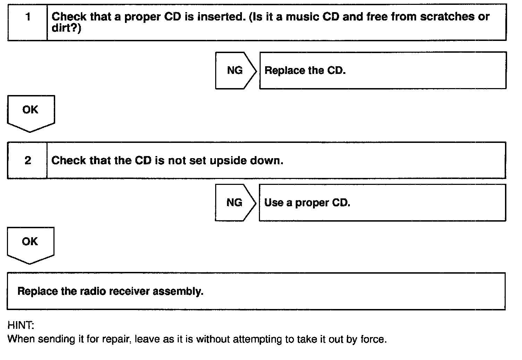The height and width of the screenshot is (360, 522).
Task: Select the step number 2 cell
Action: click(27, 160)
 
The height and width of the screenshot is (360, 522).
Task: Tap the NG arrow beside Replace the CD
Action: click(235, 70)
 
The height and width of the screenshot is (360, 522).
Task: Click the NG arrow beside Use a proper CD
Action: click(235, 203)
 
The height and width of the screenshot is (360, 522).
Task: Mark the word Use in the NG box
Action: click(273, 203)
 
